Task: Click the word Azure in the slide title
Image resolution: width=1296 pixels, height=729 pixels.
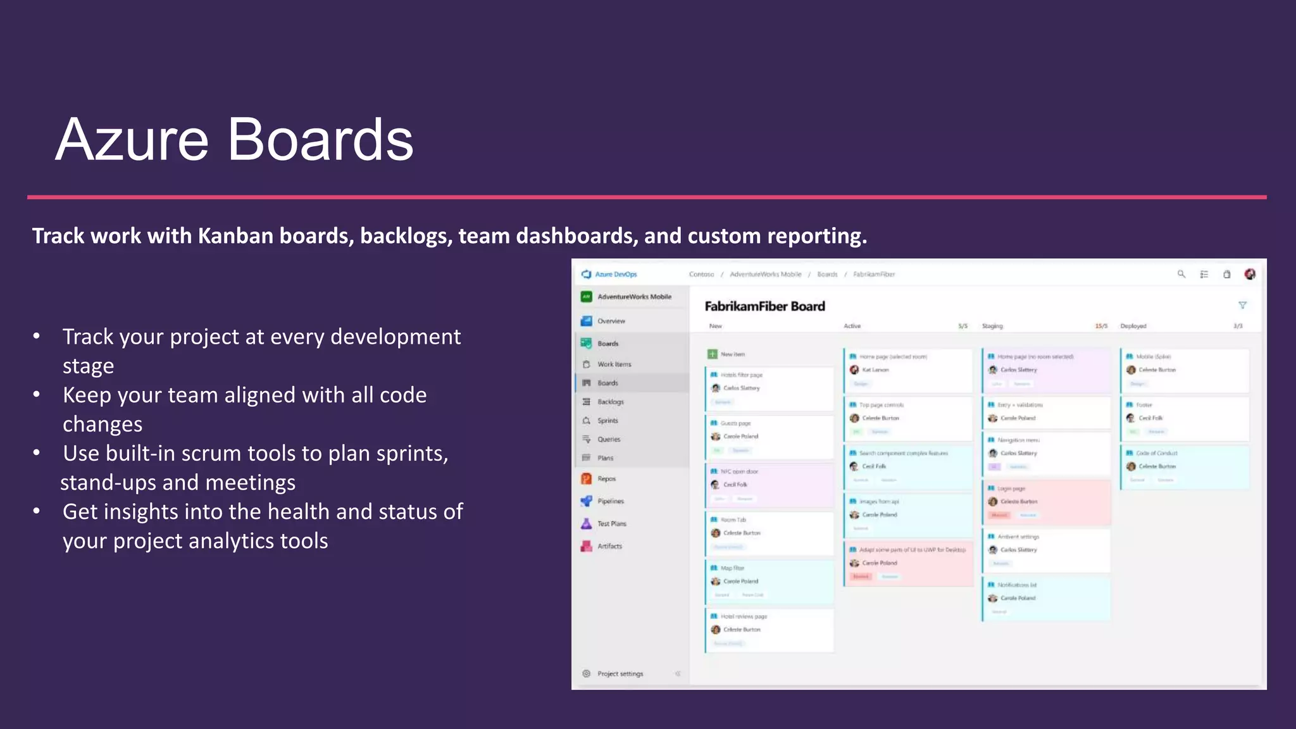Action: coord(132,140)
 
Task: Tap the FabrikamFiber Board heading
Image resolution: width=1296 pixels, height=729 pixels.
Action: coord(764,306)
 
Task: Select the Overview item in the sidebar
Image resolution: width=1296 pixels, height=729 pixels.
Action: coord(611,321)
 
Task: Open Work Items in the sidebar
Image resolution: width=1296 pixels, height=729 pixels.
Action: coord(614,364)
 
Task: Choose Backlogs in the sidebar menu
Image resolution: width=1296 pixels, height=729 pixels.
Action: coord(610,402)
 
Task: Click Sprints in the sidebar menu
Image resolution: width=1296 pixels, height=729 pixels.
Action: coord(607,421)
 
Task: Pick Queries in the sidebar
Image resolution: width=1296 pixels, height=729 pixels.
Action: coord(609,439)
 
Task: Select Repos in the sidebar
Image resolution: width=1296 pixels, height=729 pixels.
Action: coord(606,479)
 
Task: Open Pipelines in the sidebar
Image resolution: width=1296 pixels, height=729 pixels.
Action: coord(610,501)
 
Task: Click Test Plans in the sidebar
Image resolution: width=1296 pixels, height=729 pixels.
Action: coord(611,524)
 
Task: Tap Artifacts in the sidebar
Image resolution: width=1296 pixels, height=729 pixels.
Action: coord(609,546)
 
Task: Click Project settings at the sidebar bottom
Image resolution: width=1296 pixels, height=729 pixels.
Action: coord(620,674)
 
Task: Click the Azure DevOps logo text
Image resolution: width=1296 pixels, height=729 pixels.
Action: coord(615,275)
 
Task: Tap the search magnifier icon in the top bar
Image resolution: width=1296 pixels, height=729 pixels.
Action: coord(1181,274)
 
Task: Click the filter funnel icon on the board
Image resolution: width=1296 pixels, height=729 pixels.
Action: coord(1242,306)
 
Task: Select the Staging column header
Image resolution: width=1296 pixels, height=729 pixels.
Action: coord(992,327)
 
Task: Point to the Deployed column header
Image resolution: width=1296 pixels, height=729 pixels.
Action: coord(1133,327)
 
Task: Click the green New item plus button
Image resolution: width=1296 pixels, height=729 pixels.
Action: coord(713,354)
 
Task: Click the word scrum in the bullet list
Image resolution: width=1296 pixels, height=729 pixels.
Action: coord(213,454)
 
